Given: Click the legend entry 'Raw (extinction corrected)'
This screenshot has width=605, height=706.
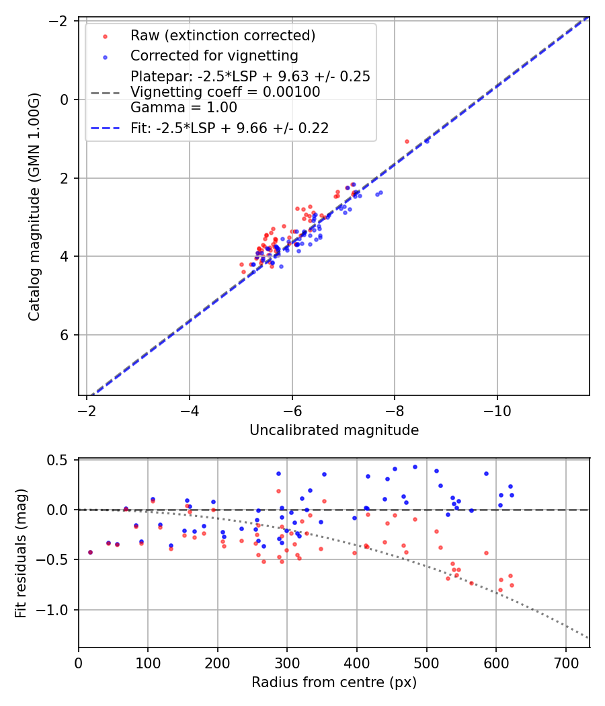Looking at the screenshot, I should [223, 36].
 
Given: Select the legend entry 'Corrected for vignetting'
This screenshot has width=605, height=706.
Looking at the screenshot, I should [214, 55].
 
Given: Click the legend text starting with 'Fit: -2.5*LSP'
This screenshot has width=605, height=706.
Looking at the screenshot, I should [229, 128].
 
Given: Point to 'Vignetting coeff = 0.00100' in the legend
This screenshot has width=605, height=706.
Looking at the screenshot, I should [225, 92].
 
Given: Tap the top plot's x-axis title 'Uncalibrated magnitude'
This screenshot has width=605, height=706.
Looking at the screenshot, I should [334, 430].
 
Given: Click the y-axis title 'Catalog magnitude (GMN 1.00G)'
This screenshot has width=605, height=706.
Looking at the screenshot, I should [35, 206].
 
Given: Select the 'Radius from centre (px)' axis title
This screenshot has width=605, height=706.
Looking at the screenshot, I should [334, 682].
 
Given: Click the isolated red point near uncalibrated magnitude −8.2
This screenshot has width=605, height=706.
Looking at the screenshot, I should [407, 141].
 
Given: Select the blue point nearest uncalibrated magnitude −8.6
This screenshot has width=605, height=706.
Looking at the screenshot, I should [427, 141].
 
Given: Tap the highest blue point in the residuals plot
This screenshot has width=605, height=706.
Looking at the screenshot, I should [415, 467].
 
